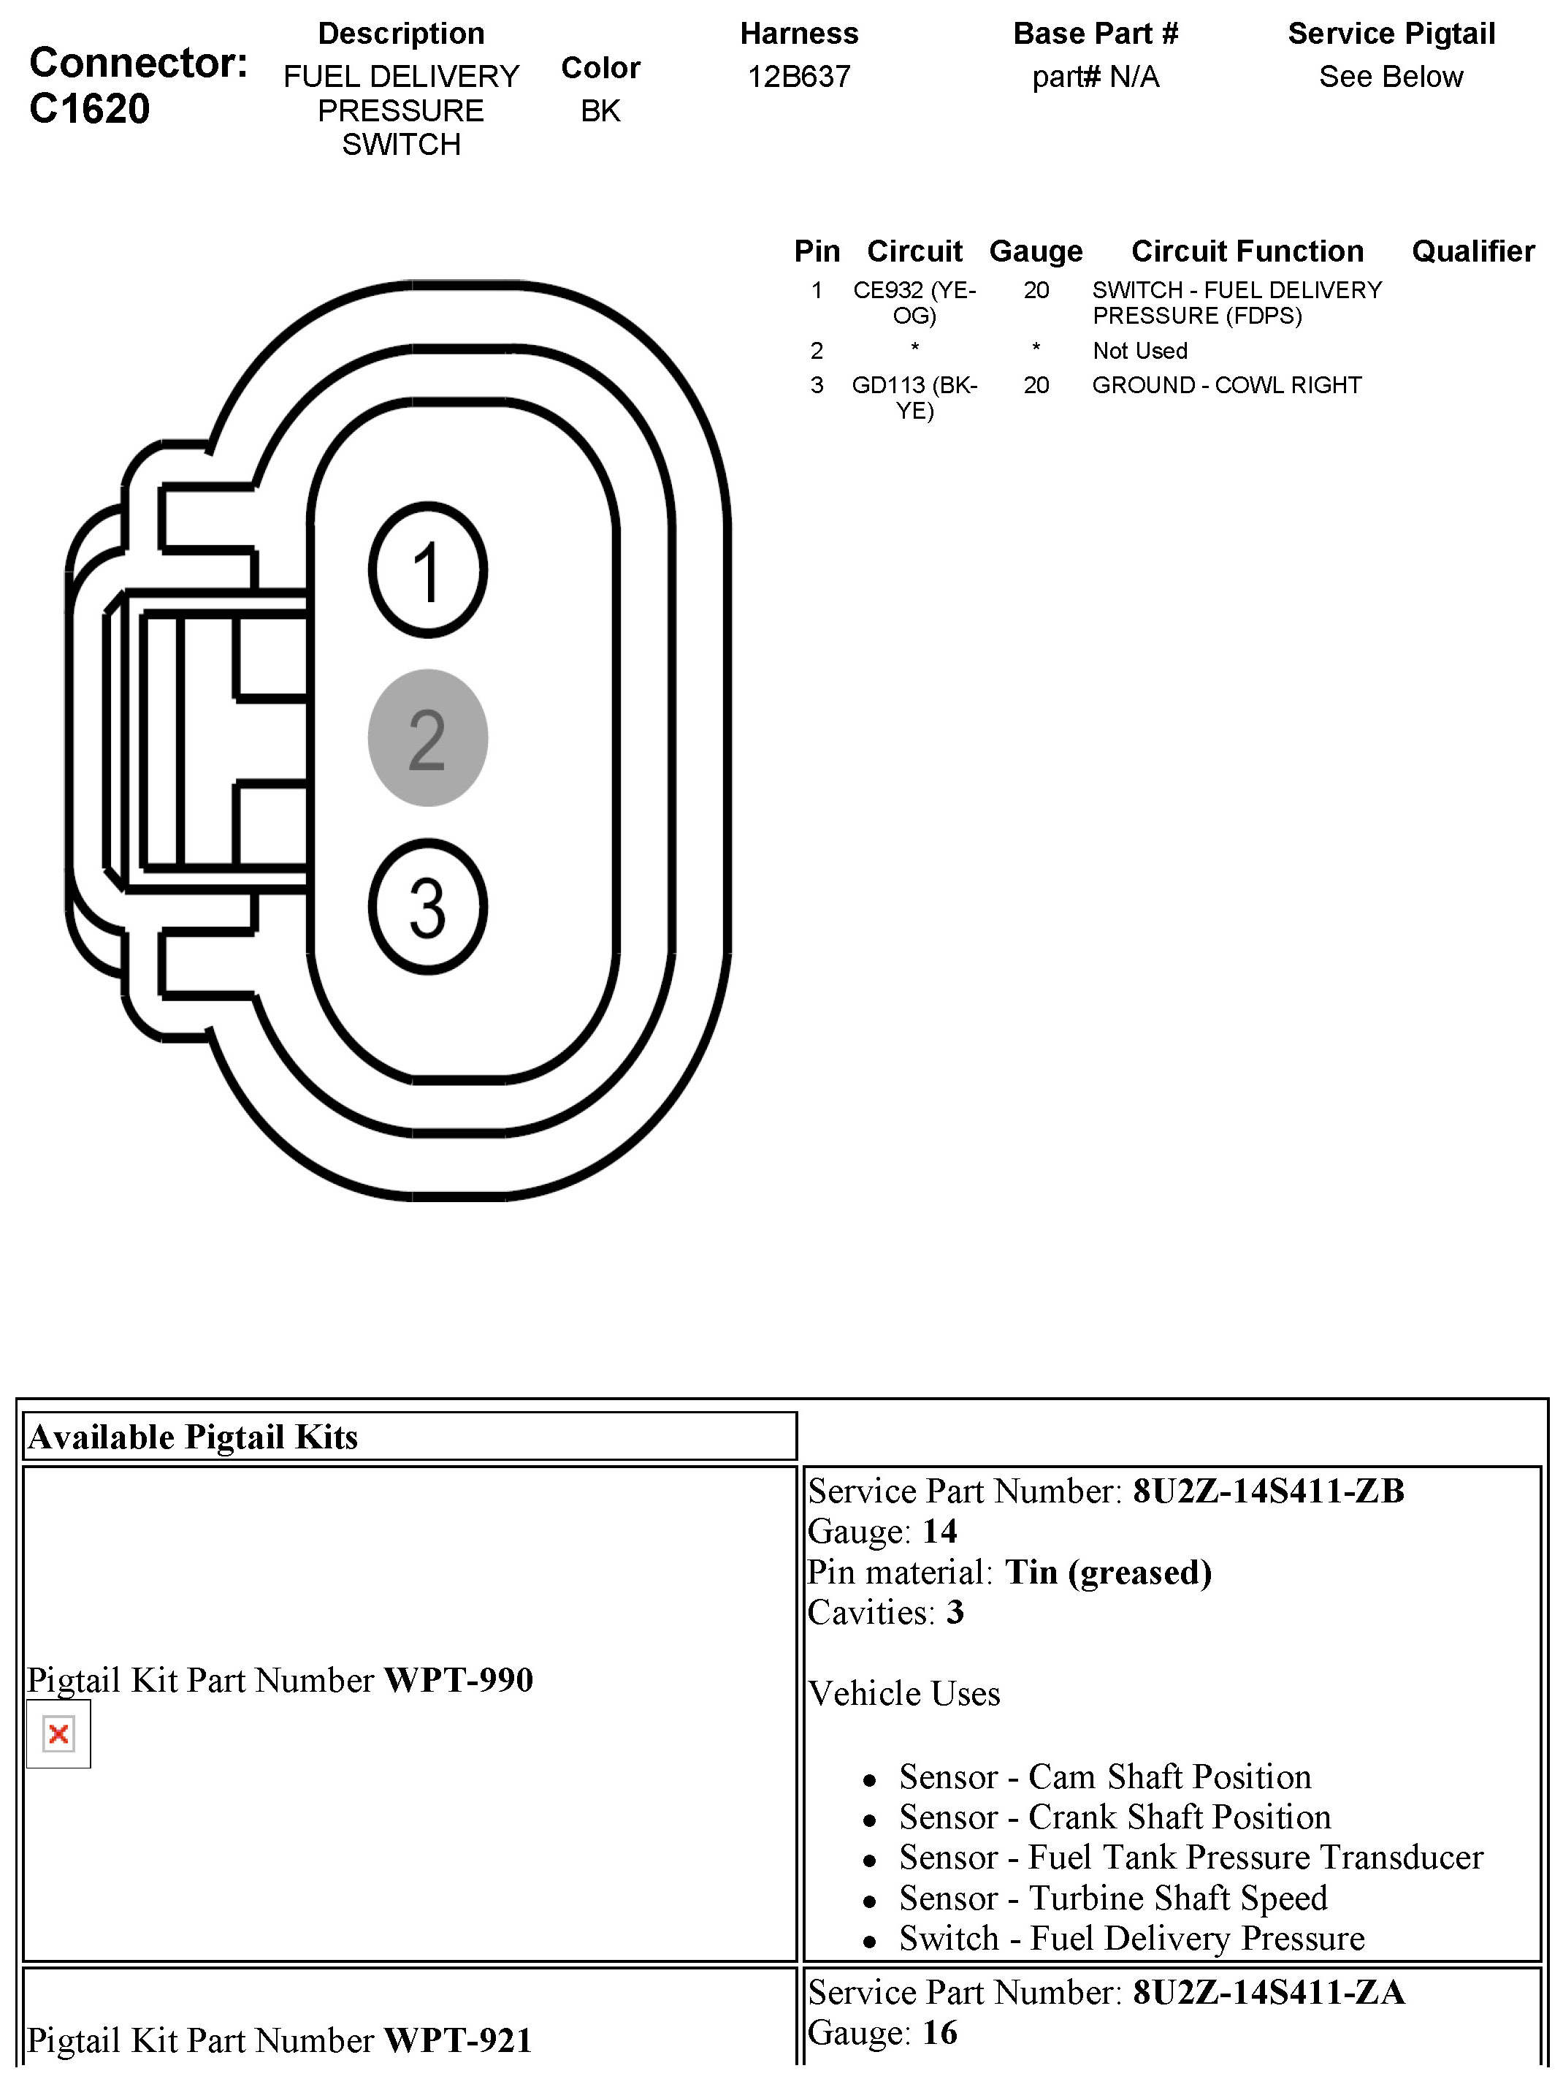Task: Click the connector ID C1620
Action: click(90, 110)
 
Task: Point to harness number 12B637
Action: click(799, 77)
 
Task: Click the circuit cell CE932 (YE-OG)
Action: click(914, 303)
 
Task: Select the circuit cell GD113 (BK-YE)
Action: click(914, 398)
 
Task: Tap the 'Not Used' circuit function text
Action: click(1140, 351)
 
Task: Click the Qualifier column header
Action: click(1472, 251)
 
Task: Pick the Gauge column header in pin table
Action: click(1036, 251)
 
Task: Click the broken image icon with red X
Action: click(58, 1734)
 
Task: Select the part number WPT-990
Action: click(459, 1680)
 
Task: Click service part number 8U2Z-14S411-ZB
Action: click(1269, 1491)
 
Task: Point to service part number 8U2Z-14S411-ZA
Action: click(1269, 1993)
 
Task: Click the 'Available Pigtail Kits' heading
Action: click(194, 1437)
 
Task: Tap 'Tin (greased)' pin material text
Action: click(1108, 1572)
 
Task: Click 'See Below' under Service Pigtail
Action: click(1390, 77)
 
